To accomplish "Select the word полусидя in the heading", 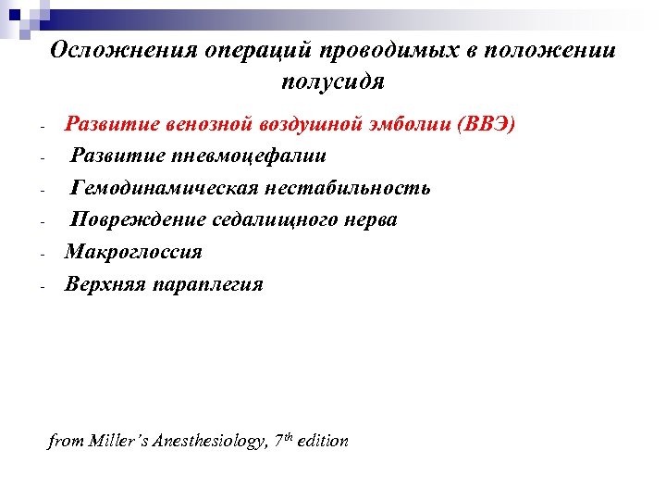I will point(332,81).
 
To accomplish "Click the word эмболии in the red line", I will point(398,125).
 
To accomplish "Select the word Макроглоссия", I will point(132,252).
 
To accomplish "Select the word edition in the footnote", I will point(323,442).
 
